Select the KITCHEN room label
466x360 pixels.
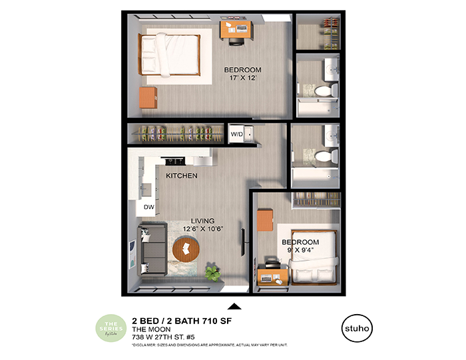[182, 176]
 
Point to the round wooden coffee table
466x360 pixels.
[186, 250]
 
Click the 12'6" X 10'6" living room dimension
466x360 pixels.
[202, 230]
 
